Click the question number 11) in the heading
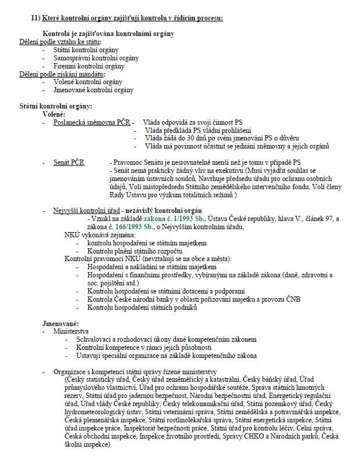coord(37,19)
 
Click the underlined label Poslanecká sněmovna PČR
coord(91,123)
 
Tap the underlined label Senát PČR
coord(69,162)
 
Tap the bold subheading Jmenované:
coord(61,323)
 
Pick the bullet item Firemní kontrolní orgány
coord(88,66)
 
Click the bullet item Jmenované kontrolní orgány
coord(93,90)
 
